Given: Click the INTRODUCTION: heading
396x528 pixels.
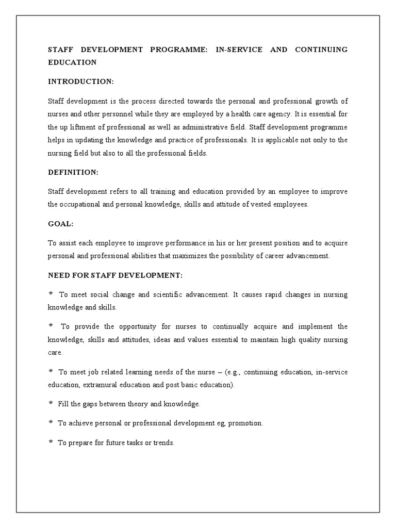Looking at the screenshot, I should [80, 81].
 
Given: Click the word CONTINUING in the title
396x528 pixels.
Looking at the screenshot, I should [321, 49].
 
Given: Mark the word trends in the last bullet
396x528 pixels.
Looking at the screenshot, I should [163, 442].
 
